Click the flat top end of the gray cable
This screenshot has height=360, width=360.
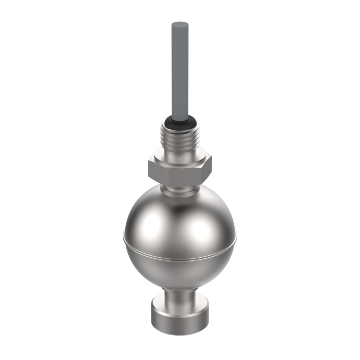[x=180, y=26]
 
